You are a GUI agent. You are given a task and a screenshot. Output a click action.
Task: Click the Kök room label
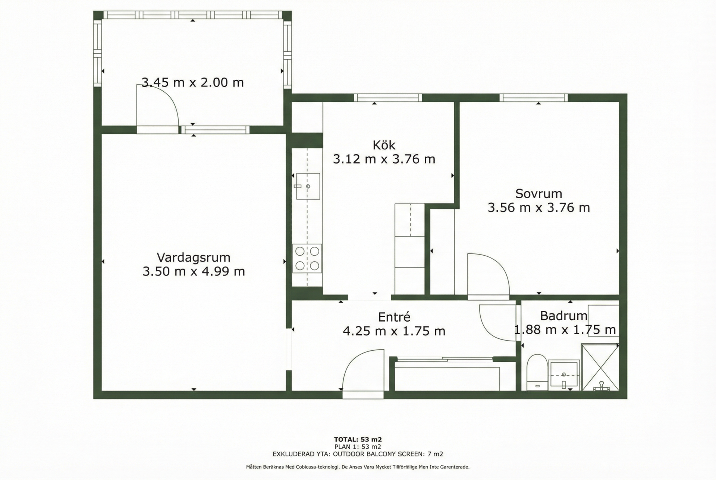[384, 145]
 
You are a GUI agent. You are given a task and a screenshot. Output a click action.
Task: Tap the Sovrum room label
[538, 193]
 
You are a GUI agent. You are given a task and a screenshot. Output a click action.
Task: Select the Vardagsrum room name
[194, 258]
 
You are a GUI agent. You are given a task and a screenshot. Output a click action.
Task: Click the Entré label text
[394, 317]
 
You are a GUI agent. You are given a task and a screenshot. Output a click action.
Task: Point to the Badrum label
[563, 316]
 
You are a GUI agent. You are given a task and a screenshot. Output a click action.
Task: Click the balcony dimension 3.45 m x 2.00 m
[192, 82]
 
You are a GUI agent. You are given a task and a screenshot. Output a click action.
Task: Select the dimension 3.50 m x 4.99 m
[194, 271]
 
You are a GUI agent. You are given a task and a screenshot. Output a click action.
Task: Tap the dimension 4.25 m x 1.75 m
[394, 331]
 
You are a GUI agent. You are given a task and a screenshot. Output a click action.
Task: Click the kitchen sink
[308, 186]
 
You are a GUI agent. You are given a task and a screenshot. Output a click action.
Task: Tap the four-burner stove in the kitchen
[307, 258]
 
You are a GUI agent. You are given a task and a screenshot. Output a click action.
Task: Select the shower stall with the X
[600, 367]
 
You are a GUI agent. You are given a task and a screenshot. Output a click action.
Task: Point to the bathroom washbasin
[564, 373]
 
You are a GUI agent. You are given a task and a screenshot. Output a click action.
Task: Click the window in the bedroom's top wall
[534, 98]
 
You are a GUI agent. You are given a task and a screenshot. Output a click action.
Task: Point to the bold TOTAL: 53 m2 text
[358, 439]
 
